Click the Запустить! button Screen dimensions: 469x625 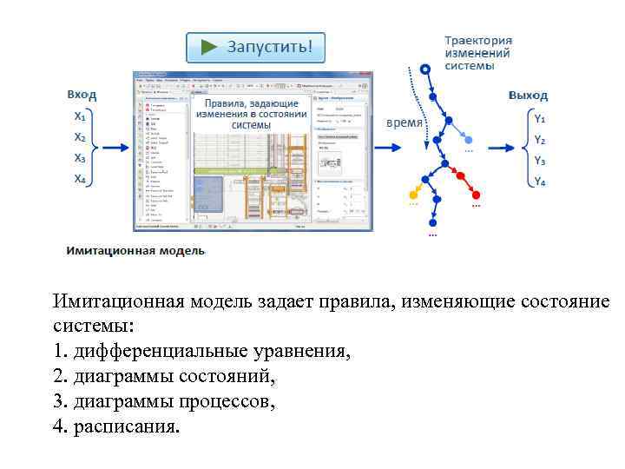(256, 47)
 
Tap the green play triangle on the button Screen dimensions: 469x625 (209, 47)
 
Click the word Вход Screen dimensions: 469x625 (82, 95)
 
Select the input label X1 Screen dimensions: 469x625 (79, 116)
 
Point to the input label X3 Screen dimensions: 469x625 (79, 158)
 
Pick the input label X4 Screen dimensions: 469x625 (79, 179)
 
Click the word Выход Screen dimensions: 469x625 (528, 95)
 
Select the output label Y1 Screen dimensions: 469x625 (539, 118)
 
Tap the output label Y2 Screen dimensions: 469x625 (539, 139)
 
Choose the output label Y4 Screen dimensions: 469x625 (539, 182)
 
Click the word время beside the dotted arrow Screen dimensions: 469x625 (404, 122)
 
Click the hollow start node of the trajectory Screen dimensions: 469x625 (424, 69)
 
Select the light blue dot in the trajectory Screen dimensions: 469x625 (469, 139)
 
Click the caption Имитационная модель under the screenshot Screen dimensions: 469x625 (135, 251)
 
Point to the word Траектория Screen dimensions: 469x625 (478, 40)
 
